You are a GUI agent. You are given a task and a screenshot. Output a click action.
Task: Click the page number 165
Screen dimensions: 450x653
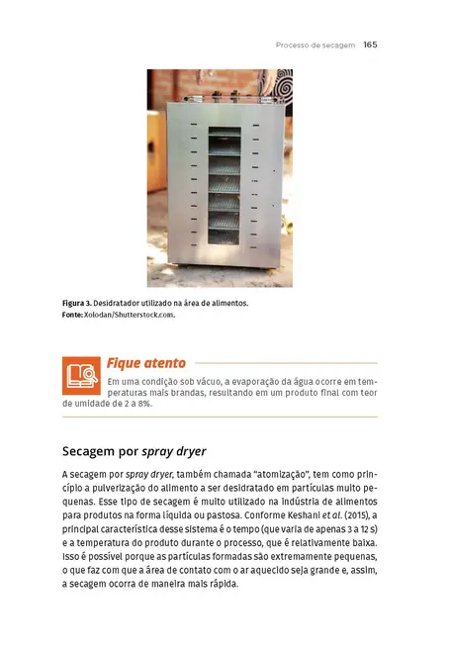(371, 45)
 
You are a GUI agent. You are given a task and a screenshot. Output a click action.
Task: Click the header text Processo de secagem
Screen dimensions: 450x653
(315, 45)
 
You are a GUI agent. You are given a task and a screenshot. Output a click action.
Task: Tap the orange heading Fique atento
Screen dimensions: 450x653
(145, 363)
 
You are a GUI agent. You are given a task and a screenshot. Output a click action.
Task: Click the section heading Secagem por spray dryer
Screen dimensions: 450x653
(134, 451)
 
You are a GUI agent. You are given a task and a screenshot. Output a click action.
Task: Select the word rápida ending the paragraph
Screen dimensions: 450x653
(220, 583)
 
